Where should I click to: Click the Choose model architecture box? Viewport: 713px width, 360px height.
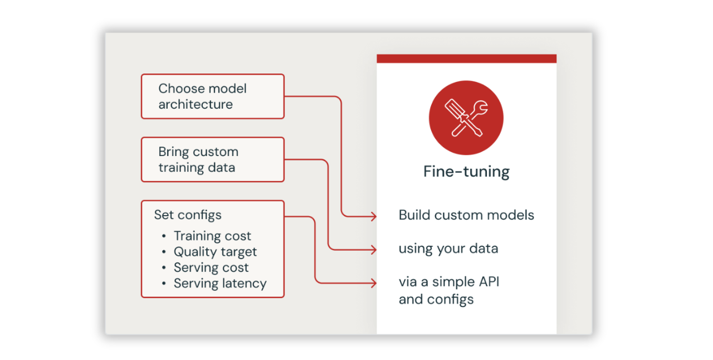pyautogui.click(x=212, y=96)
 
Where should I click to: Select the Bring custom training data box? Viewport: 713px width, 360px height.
pyautogui.click(x=212, y=159)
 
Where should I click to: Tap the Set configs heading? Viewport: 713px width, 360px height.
pyautogui.click(x=188, y=215)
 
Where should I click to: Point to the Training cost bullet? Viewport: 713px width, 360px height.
pyautogui.click(x=212, y=236)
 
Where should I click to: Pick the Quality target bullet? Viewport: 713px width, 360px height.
pyautogui.click(x=215, y=252)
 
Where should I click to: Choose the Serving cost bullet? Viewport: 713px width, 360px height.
pyautogui.click(x=211, y=267)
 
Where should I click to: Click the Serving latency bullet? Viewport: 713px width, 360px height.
pyautogui.click(x=220, y=283)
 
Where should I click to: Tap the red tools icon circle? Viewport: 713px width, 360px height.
pyautogui.click(x=466, y=118)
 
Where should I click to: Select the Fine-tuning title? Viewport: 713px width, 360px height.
pyautogui.click(x=466, y=171)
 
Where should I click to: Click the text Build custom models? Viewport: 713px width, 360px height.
pyautogui.click(x=466, y=215)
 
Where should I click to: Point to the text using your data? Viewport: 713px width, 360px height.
pyautogui.click(x=448, y=249)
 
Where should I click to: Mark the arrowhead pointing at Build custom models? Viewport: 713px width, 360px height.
pyautogui.click(x=374, y=216)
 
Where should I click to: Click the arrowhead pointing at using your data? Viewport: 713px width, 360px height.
pyautogui.click(x=374, y=249)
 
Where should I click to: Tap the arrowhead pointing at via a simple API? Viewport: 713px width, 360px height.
pyautogui.click(x=374, y=283)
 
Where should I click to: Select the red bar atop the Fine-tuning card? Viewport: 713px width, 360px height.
pyautogui.click(x=466, y=59)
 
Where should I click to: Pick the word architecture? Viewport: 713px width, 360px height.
pyautogui.click(x=196, y=104)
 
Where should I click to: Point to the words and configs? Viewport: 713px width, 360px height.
pyautogui.click(x=436, y=299)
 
